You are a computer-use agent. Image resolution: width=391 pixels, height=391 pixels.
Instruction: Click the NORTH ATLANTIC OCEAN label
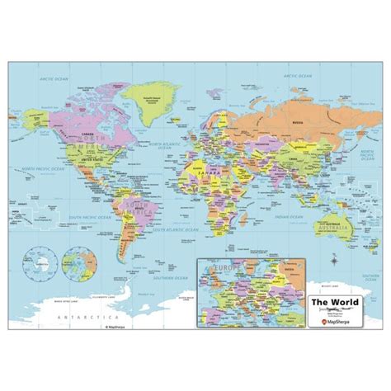tap(153, 147)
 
